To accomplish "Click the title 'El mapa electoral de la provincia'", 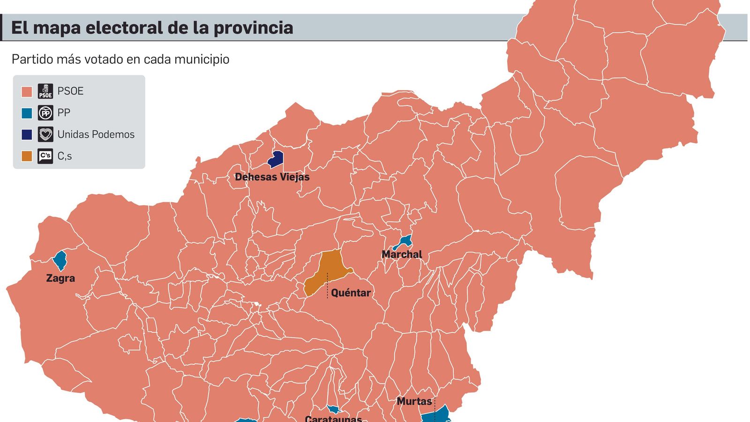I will click(152, 28).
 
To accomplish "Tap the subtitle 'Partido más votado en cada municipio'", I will click(120, 60).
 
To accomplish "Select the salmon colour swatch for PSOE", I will click(27, 91).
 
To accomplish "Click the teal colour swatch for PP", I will click(27, 113).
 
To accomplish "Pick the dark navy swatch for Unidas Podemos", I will click(27, 135).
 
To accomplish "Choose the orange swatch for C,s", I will click(27, 156).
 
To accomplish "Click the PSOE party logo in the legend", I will click(45, 91).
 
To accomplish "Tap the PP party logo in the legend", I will click(45, 113).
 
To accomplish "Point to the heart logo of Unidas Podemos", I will click(45, 135).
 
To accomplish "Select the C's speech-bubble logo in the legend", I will click(45, 156).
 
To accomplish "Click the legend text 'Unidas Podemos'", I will click(96, 135).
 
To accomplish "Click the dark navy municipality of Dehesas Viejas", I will click(276, 159).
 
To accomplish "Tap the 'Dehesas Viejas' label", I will click(272, 177).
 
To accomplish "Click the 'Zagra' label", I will click(60, 278).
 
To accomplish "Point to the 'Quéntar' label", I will click(351, 293).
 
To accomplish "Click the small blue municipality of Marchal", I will click(404, 242).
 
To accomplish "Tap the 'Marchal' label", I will click(402, 255).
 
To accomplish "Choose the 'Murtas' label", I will click(414, 401).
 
